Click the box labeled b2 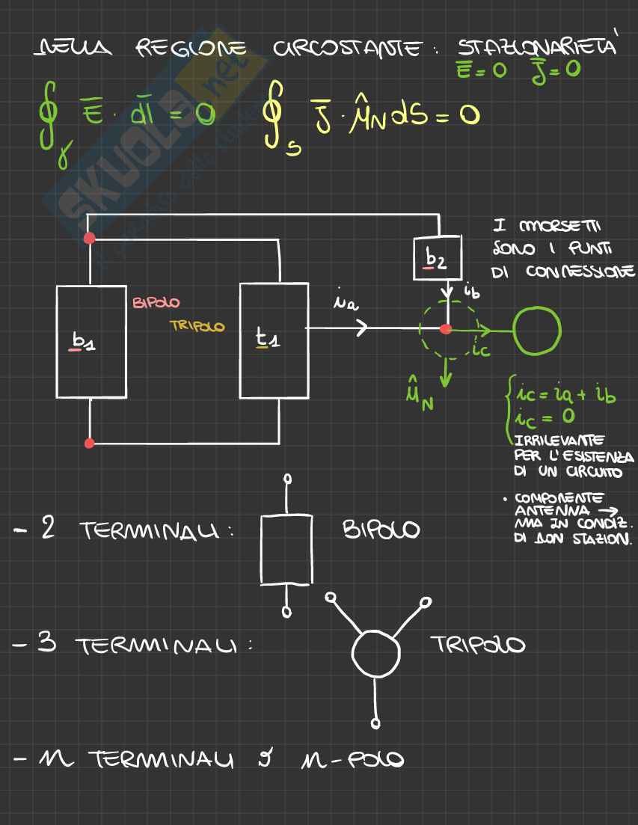(x=437, y=258)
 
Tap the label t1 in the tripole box (x=269, y=340)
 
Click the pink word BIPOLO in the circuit (x=156, y=303)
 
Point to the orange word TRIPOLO (x=197, y=326)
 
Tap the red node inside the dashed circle (x=446, y=329)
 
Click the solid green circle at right (x=537, y=329)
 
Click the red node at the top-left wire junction (x=90, y=239)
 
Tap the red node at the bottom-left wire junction (x=90, y=444)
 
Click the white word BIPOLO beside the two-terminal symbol (x=381, y=530)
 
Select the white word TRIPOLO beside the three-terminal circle (x=477, y=645)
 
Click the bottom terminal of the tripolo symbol (x=376, y=723)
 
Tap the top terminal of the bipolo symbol (x=287, y=479)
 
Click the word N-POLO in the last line (x=356, y=761)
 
